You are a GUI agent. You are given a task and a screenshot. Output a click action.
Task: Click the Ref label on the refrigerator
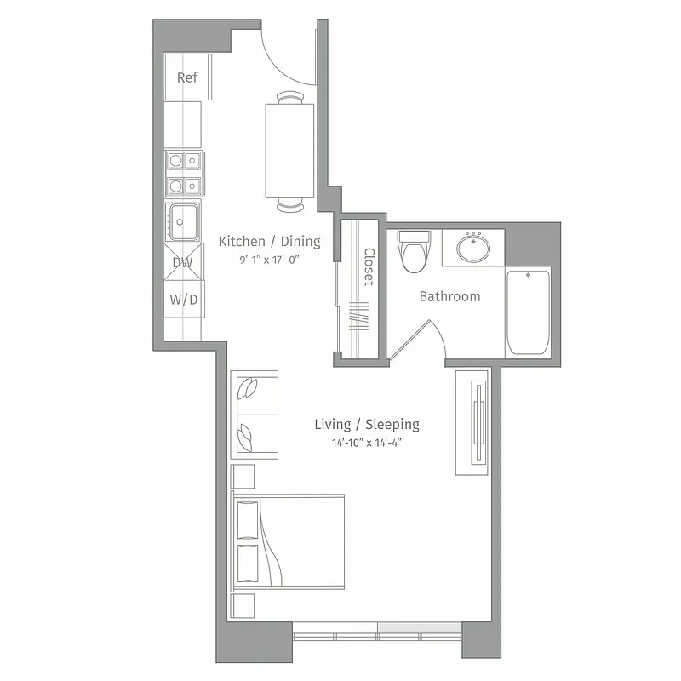187,77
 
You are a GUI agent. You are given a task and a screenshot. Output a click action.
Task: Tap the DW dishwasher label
183,263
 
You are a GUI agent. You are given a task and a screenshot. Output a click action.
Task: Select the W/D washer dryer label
183,300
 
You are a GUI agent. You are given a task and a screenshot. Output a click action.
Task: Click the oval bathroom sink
472,249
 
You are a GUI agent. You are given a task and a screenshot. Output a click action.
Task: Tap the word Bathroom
449,296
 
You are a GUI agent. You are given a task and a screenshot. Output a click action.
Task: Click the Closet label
369,267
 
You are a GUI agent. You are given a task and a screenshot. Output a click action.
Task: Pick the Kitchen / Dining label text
270,242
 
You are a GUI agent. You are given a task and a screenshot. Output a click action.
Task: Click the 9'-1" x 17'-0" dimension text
270,260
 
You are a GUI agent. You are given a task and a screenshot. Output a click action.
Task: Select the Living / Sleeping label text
367,424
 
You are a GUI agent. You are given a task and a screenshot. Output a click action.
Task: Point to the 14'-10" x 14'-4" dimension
367,443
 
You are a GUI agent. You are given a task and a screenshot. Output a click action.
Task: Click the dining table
289,150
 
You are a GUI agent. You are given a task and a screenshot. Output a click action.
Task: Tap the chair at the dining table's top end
289,97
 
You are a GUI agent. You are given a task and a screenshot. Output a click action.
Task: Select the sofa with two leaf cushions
255,416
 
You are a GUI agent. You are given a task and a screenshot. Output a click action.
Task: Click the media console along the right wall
472,422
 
